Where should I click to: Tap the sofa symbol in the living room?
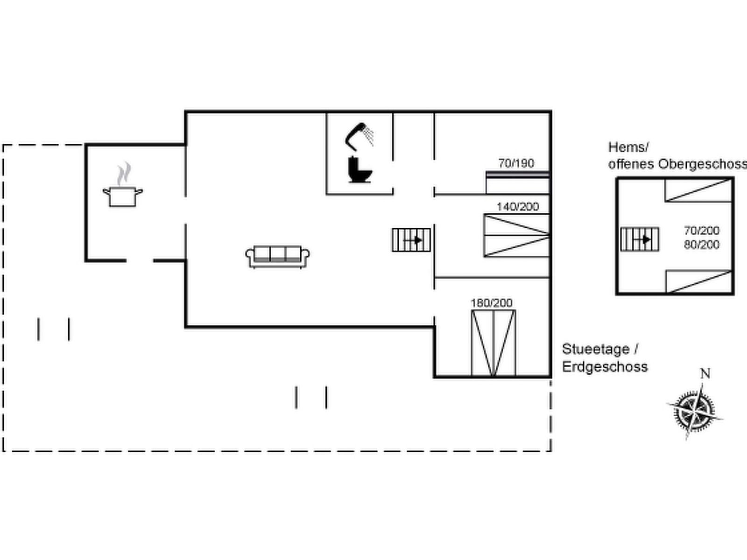tap(277, 257)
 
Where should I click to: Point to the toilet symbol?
tap(360, 170)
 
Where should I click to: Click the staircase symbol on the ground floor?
tap(411, 240)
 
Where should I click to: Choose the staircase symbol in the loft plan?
tap(640, 239)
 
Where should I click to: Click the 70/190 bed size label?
tap(516, 163)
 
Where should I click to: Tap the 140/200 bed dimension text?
tap(517, 206)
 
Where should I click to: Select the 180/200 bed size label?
tap(491, 303)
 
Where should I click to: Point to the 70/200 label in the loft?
tap(701, 231)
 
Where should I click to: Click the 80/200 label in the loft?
tap(701, 245)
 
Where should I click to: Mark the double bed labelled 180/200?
tap(493, 343)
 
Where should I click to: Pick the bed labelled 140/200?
tap(516, 235)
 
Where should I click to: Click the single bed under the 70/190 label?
tap(517, 183)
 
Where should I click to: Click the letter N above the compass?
tap(705, 374)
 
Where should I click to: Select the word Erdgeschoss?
tap(605, 367)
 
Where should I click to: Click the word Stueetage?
tap(596, 349)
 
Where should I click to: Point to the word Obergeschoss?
tap(702, 164)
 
